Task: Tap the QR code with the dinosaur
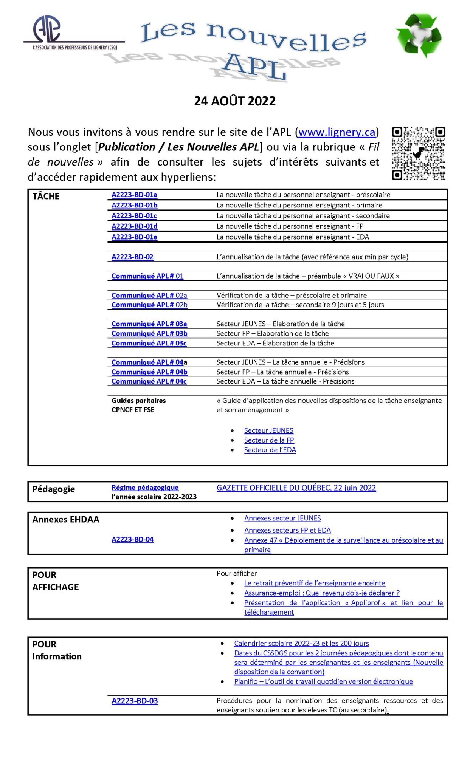(418, 153)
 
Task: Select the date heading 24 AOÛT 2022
(235, 101)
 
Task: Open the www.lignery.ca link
(337, 132)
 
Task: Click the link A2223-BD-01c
(134, 216)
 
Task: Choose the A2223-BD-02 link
(132, 257)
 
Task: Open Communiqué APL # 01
(147, 276)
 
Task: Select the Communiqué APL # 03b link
(149, 334)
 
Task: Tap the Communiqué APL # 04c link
(149, 381)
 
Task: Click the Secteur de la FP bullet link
(269, 440)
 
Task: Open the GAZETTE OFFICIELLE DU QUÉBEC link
(296, 488)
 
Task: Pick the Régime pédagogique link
(145, 488)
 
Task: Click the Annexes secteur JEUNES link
(282, 519)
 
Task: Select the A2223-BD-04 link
(132, 540)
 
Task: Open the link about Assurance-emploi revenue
(322, 593)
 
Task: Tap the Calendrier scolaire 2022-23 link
(301, 644)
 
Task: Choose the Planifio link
(323, 682)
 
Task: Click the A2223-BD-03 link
(135, 701)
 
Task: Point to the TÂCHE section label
(46, 197)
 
